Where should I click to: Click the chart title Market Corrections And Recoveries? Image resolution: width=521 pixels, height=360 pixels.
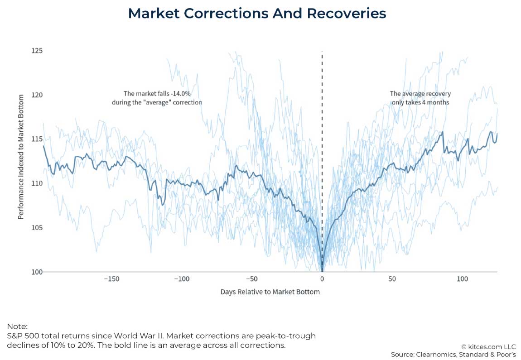[257, 14]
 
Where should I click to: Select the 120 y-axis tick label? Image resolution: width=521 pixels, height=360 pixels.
[37, 95]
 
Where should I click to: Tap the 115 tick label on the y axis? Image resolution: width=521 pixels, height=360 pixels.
[37, 139]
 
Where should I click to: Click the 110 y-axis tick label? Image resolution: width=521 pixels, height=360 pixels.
[37, 183]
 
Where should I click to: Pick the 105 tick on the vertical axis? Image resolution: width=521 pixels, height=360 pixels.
[37, 227]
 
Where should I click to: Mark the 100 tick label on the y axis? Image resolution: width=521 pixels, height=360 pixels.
[37, 272]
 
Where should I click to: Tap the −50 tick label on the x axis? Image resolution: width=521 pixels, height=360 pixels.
[251, 279]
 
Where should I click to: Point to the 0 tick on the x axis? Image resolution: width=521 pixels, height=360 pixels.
[322, 279]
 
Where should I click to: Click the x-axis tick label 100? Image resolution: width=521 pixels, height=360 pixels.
[462, 279]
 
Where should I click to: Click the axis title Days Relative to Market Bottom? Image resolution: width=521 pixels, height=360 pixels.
[270, 292]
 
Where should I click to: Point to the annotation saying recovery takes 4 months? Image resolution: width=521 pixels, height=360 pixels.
[420, 98]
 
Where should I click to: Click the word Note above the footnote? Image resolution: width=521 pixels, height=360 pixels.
[17, 326]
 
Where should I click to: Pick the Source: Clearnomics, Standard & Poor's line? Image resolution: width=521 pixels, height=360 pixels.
[453, 354]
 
